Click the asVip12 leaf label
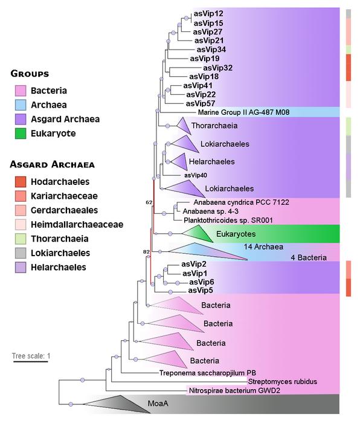(x=208, y=13)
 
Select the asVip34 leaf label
(x=211, y=50)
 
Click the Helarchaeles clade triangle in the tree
(x=179, y=161)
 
